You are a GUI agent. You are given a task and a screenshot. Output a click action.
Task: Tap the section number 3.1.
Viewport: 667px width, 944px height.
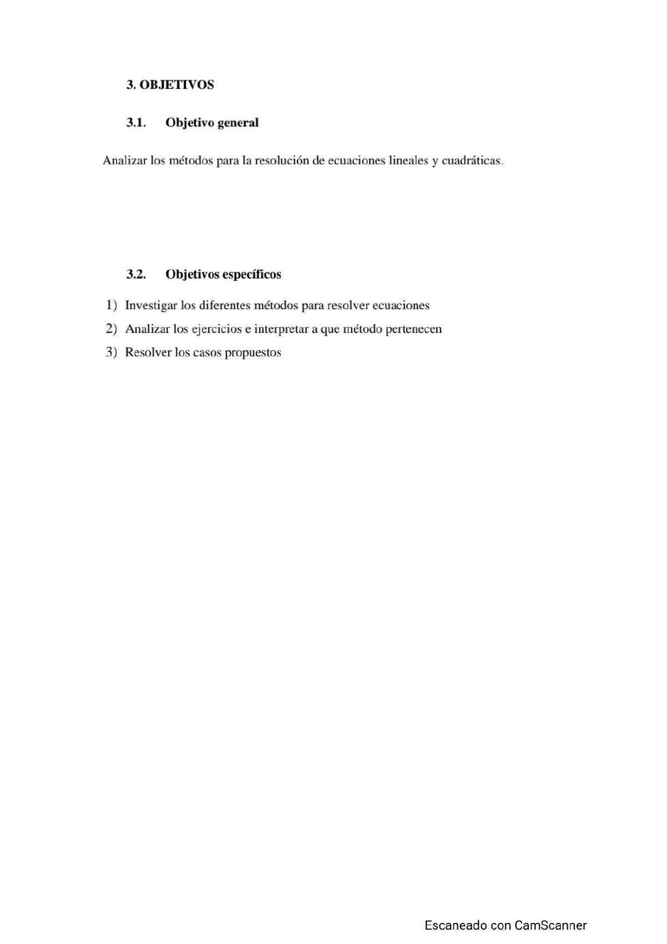[136, 123]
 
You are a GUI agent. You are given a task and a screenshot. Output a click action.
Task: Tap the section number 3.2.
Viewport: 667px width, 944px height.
[136, 275]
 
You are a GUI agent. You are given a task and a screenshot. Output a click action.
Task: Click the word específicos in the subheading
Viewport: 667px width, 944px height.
[253, 275]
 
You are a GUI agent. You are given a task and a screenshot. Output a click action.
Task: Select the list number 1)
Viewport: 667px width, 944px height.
[112, 305]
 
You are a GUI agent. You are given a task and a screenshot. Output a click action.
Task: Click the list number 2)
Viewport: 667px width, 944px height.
[112, 329]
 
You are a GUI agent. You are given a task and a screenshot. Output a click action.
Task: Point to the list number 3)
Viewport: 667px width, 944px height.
[112, 352]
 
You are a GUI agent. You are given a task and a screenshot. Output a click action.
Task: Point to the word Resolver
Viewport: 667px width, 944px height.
[148, 352]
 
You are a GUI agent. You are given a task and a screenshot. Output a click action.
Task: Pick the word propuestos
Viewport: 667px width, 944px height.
[253, 352]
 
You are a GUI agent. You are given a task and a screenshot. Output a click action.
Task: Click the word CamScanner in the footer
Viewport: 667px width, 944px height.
[550, 925]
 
